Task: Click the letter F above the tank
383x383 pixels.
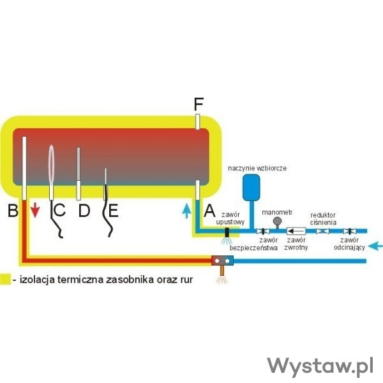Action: [x=199, y=103]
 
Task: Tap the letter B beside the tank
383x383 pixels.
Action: [x=12, y=210]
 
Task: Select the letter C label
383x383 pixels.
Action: [x=59, y=210]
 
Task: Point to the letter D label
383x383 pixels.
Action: [x=84, y=210]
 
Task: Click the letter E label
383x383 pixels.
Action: [x=112, y=210]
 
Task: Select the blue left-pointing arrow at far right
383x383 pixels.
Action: [x=375, y=244]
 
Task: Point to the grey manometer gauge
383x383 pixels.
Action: [x=278, y=221]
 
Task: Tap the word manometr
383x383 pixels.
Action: [x=278, y=211]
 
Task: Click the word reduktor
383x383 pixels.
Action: [x=323, y=214]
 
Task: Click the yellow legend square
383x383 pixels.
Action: [x=6, y=279]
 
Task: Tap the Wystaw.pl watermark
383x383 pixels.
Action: [x=320, y=366]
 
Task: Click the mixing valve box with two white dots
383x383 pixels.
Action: [x=223, y=260]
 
